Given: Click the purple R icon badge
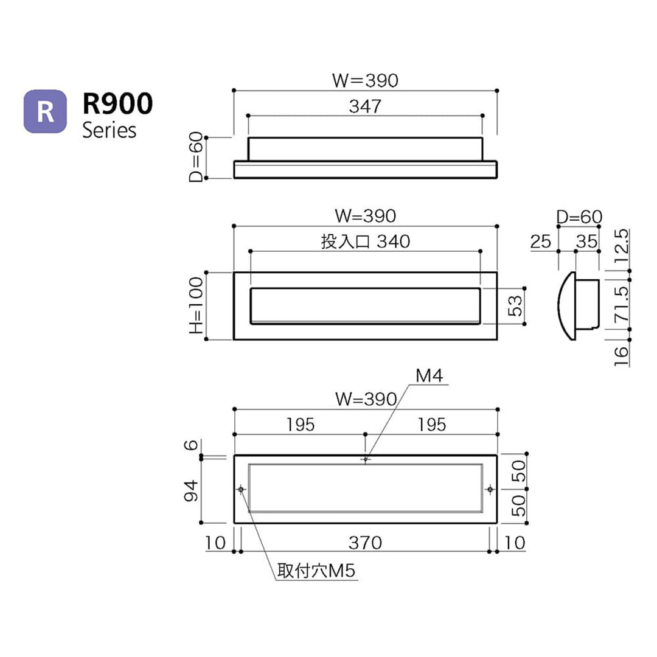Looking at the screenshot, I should [45, 111].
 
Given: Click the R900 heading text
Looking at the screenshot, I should [117, 103].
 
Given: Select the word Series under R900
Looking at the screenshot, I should [109, 130].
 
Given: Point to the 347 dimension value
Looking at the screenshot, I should [365, 106].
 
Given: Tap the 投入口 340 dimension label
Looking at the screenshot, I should [365, 242].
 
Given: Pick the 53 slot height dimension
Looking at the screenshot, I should [515, 306].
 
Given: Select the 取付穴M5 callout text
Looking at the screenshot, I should [316, 571].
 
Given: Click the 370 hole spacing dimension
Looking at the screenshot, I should [365, 542].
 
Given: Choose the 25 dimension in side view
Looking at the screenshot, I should [540, 242].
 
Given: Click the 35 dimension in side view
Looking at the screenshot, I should [586, 242].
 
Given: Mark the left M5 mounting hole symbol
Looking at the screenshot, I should [242, 489].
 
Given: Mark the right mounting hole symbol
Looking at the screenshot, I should [490, 489].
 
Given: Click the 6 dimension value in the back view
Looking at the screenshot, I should [192, 445].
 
